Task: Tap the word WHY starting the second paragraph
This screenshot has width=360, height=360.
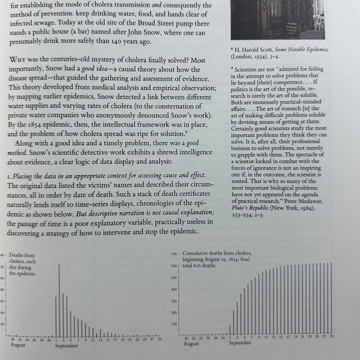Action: click(18, 60)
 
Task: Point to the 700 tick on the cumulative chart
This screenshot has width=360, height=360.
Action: click(174, 255)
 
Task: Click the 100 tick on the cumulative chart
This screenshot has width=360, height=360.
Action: click(174, 323)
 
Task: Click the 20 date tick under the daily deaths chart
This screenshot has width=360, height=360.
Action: click(12, 339)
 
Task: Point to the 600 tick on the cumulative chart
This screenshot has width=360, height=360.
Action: click(174, 266)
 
